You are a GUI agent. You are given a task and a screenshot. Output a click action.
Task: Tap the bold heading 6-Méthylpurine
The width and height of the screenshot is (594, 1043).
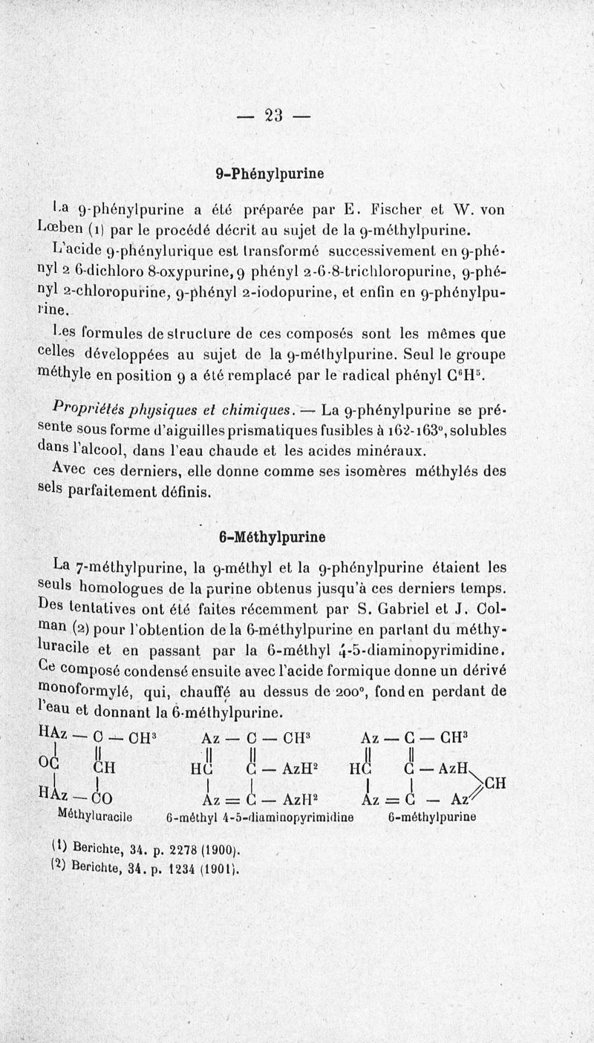[x=272, y=536]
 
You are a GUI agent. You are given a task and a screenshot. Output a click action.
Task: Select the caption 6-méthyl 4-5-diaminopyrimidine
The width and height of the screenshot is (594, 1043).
[x=260, y=817]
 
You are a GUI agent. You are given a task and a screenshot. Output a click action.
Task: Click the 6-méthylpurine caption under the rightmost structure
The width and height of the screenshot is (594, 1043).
[x=431, y=817]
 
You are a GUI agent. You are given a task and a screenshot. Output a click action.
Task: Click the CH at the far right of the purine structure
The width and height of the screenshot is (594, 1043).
[x=495, y=783]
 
